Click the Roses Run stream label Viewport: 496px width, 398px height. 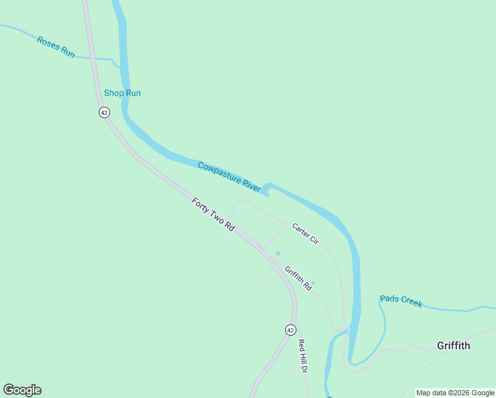56,47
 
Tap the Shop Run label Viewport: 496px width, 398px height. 122,93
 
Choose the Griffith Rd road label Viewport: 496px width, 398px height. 298,279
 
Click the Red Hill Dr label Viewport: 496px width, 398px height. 303,356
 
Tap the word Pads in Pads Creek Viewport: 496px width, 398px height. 389,298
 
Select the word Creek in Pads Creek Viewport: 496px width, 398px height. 410,302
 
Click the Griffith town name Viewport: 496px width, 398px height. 454,346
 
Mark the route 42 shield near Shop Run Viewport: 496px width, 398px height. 104,113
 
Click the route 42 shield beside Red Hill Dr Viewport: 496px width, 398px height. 290,330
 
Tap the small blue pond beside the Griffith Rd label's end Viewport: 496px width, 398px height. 312,283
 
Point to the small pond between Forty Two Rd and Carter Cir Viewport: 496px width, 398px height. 278,253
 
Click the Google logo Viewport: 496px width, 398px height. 22,390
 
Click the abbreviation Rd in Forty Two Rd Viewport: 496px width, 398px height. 229,226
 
